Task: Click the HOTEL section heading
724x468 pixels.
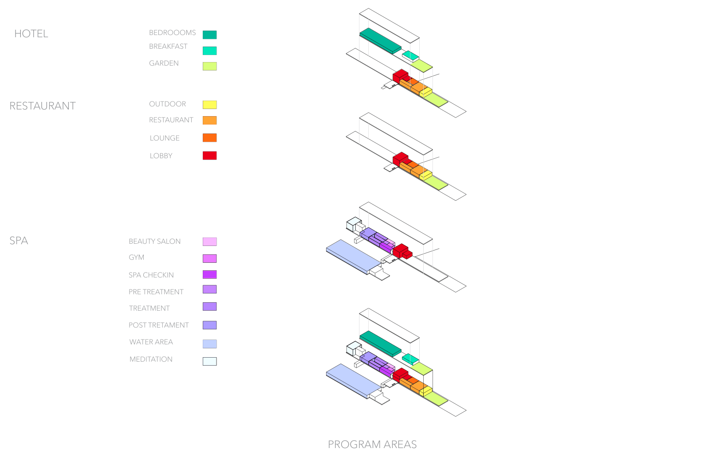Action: coord(31,34)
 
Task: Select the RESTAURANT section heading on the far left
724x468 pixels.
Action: coord(43,106)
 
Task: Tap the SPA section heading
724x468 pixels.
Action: coord(19,241)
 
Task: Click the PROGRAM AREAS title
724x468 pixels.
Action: coord(372,445)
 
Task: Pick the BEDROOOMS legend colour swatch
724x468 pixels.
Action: coord(209,35)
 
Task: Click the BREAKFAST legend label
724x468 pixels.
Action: coord(168,47)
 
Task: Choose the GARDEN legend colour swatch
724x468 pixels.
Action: coord(209,66)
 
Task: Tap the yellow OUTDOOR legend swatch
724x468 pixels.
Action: coord(209,105)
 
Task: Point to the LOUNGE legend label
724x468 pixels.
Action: coord(165,138)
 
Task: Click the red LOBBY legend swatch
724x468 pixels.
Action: coord(209,156)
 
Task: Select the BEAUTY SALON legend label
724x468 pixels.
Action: coord(155,242)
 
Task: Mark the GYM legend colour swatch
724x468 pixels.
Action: coord(209,258)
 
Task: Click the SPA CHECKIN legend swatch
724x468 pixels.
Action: coord(209,274)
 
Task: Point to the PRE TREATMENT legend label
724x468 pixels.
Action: coord(156,292)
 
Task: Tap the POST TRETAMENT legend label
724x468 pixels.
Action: coord(159,325)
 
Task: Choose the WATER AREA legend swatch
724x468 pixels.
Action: coord(209,343)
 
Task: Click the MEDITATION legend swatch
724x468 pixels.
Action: coord(209,361)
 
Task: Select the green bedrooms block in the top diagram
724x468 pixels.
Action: coord(381,41)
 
